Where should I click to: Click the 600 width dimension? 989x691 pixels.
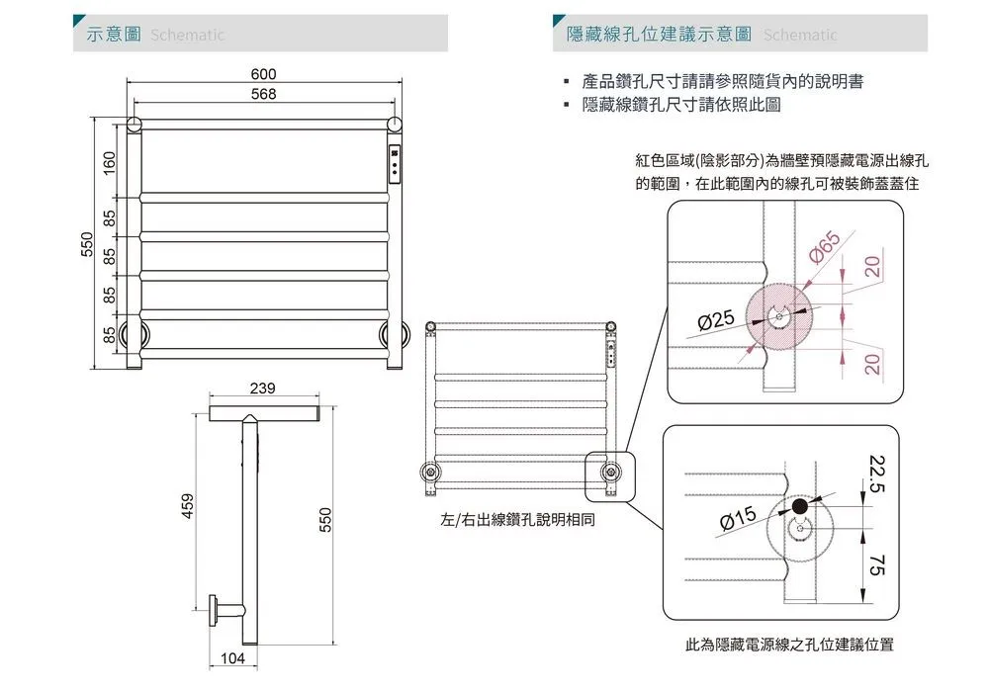pos(263,75)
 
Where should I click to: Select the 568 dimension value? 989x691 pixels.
pos(263,94)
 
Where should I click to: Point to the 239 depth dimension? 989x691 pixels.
pos(262,388)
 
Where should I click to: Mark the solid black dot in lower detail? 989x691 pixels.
pos(799,507)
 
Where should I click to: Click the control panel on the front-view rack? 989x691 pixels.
pos(395,163)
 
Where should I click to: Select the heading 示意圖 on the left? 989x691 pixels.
pos(112,35)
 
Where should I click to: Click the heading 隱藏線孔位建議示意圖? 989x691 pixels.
pos(658,35)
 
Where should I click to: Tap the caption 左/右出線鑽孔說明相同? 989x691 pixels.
pos(517,519)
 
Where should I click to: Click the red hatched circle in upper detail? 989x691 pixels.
pos(778,317)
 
